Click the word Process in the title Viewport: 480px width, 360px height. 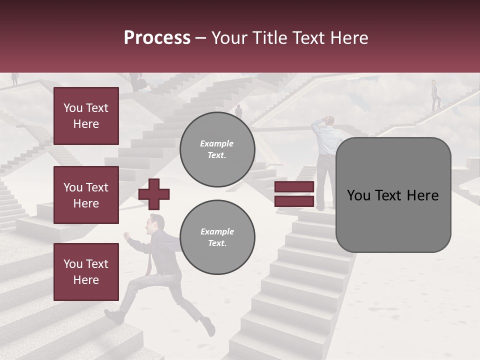pos(157,38)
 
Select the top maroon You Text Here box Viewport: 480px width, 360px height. pos(86,116)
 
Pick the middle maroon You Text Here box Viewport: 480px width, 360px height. pos(86,195)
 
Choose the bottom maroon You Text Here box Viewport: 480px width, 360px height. pos(86,272)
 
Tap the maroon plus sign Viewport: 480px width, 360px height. pos(154,194)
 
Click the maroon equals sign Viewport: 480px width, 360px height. pos(294,194)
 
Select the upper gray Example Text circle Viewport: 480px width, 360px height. pos(217,149)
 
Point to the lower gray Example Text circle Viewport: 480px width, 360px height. pos(217,237)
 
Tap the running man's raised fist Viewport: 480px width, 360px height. pos(127,234)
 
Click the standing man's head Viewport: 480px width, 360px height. pos(330,121)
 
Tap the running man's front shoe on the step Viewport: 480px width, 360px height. pos(115,316)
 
